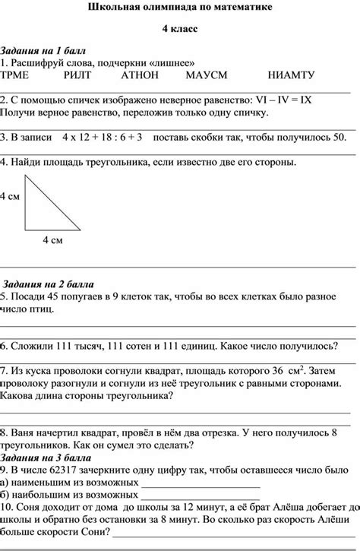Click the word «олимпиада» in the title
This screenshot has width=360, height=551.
pyautogui.click(x=180, y=7)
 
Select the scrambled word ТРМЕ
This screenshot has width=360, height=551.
pyautogui.click(x=15, y=75)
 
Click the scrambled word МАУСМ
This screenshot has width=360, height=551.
pyautogui.click(x=204, y=75)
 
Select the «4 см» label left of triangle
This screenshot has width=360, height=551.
pyautogui.click(x=10, y=197)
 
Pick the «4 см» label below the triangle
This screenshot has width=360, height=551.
pyautogui.click(x=52, y=240)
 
